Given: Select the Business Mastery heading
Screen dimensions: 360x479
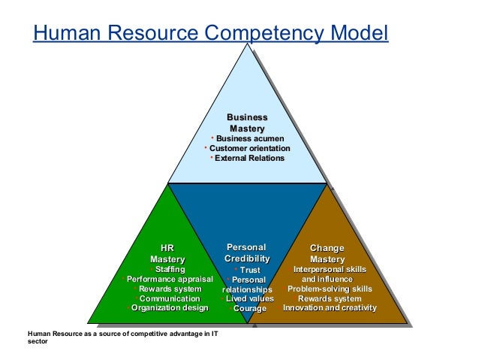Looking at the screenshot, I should tap(247, 123).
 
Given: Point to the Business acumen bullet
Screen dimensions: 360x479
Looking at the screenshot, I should tap(249, 138).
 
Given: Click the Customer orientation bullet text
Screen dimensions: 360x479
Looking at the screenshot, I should tap(250, 148).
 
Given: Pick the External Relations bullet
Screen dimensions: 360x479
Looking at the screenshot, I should tap(249, 159).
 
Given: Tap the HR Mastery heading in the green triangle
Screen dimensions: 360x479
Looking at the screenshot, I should tap(167, 254).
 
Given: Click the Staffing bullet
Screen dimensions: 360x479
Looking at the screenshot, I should tap(170, 269).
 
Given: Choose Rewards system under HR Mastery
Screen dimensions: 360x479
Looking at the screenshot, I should tap(170, 289).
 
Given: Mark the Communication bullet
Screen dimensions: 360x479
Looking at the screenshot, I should tap(170, 298).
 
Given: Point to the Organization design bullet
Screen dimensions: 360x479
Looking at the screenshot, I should tap(170, 308).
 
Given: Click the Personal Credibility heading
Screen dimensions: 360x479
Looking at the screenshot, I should tap(247, 253).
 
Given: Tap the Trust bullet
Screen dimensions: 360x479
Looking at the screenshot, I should tap(249, 270).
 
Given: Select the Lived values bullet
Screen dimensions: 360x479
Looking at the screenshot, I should tap(250, 298).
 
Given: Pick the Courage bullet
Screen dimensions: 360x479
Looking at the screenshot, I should tap(249, 308).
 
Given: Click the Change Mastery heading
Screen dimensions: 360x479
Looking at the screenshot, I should tap(327, 254).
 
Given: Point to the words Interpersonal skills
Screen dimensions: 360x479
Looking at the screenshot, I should tap(330, 269).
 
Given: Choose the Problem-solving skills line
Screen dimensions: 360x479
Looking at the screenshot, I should tap(330, 289).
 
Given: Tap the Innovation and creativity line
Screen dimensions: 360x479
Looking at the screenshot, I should tap(330, 308).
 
